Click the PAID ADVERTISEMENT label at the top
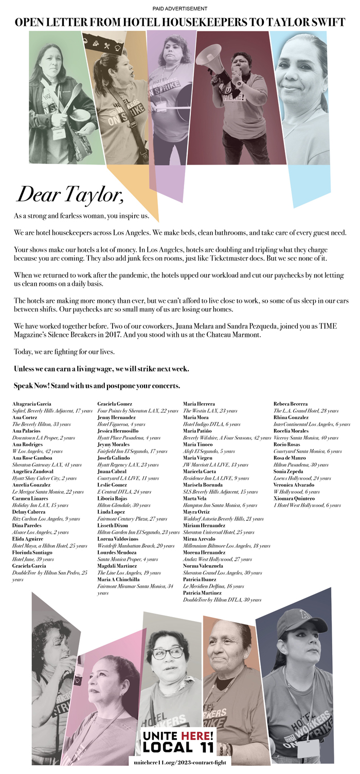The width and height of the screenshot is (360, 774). click(180, 9)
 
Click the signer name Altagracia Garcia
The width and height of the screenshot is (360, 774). click(31, 404)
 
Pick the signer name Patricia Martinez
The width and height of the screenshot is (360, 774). click(205, 593)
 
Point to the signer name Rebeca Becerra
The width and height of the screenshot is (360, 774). click(291, 404)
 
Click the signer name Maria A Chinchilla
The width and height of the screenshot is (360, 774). click(118, 580)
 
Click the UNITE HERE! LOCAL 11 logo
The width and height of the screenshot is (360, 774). click(178, 741)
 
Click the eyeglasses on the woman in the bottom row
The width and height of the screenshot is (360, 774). click(168, 653)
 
